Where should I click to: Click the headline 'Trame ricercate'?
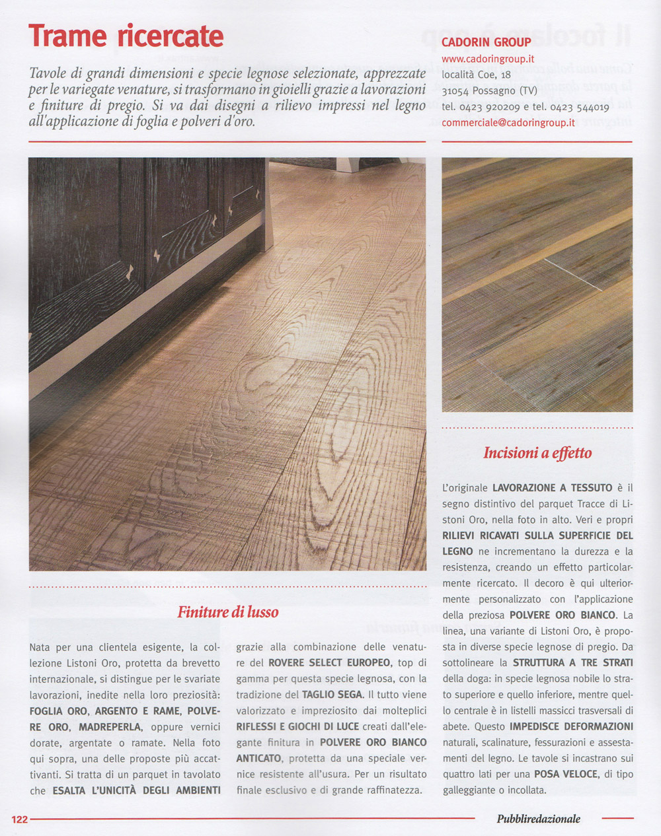(x=126, y=36)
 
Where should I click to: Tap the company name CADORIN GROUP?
(x=486, y=42)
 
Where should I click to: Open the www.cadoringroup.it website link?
(x=487, y=59)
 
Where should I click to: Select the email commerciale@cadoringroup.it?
(x=508, y=123)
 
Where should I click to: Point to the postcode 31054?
(x=455, y=91)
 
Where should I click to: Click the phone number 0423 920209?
(x=489, y=107)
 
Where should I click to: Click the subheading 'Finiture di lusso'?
(x=227, y=612)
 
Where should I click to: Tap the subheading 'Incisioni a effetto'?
(x=537, y=453)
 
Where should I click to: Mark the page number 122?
(x=20, y=819)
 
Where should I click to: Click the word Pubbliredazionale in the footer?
(x=538, y=819)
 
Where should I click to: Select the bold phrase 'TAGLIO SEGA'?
(x=332, y=695)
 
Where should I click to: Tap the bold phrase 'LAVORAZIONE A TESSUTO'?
(x=552, y=488)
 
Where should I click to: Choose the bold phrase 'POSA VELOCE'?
(x=565, y=774)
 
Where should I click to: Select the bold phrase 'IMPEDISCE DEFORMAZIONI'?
(x=571, y=726)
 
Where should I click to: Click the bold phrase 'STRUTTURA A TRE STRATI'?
(x=572, y=662)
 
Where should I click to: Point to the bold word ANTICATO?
(x=258, y=758)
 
